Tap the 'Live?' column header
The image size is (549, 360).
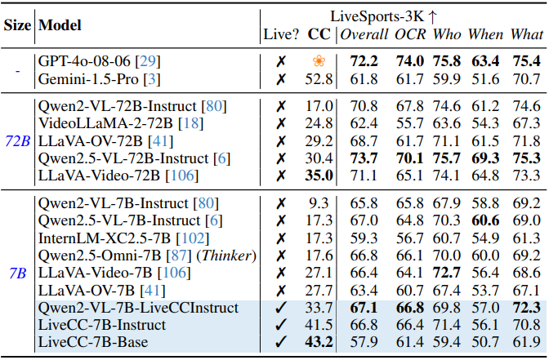(x=280, y=33)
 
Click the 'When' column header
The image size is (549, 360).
(x=485, y=33)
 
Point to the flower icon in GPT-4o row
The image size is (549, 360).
(x=319, y=61)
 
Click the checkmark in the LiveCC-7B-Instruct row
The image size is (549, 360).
(x=280, y=326)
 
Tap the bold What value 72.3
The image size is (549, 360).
(x=526, y=308)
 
